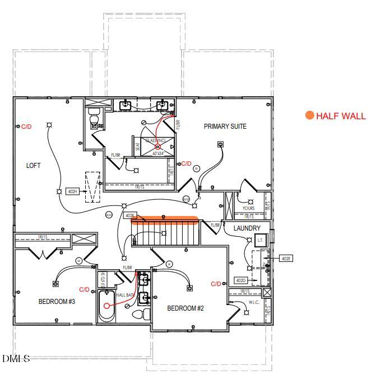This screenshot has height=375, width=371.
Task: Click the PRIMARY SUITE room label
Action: (225, 126)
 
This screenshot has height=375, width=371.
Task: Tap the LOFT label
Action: (33, 166)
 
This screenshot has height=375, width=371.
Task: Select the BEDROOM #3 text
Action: (57, 302)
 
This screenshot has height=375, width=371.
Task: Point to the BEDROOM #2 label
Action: (186, 308)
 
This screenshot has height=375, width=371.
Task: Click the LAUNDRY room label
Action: (247, 228)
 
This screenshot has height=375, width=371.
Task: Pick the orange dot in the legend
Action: (309, 116)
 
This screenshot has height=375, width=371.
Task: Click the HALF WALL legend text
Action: (341, 116)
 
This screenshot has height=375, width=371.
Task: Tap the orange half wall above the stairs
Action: (165, 220)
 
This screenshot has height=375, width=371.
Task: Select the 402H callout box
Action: (72, 191)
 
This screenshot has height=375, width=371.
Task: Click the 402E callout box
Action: (286, 259)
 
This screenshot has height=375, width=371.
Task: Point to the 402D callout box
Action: (240, 280)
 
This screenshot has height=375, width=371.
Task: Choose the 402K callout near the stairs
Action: (130, 215)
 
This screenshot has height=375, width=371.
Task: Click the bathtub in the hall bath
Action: (106, 306)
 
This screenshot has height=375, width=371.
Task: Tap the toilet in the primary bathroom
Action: (94, 119)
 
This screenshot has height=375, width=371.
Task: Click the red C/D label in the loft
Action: (26, 127)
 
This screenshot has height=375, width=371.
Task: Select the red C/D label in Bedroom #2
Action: (216, 284)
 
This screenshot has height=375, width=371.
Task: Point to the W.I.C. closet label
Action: (253, 303)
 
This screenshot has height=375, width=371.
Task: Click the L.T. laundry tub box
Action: (259, 241)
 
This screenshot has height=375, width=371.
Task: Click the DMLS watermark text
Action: (16, 358)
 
